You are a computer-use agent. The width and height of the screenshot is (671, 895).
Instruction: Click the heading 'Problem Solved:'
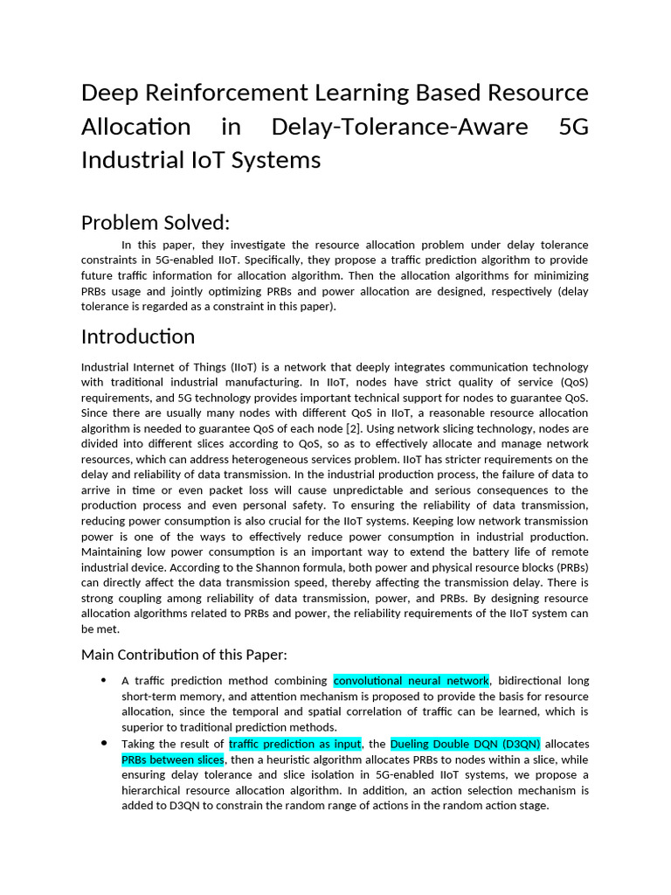pyautogui.click(x=156, y=223)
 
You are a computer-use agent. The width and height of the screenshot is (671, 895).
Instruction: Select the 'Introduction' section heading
pyautogui.click(x=138, y=336)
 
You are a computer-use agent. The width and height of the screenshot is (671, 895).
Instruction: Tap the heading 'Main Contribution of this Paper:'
pyautogui.click(x=183, y=655)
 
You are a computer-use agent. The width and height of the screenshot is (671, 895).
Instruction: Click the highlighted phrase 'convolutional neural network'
pyautogui.click(x=411, y=681)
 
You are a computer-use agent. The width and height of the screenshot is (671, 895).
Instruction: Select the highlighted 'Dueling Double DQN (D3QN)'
pyautogui.click(x=466, y=745)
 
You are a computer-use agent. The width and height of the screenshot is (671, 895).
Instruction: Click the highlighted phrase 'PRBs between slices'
pyautogui.click(x=172, y=760)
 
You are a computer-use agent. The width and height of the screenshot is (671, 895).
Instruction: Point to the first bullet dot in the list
pyautogui.click(x=104, y=680)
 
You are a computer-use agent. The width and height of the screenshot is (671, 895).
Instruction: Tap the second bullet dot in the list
pyautogui.click(x=104, y=744)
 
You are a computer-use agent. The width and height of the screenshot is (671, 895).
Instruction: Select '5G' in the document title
pyautogui.click(x=572, y=127)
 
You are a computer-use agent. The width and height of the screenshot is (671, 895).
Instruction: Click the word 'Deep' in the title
pyautogui.click(x=111, y=93)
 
